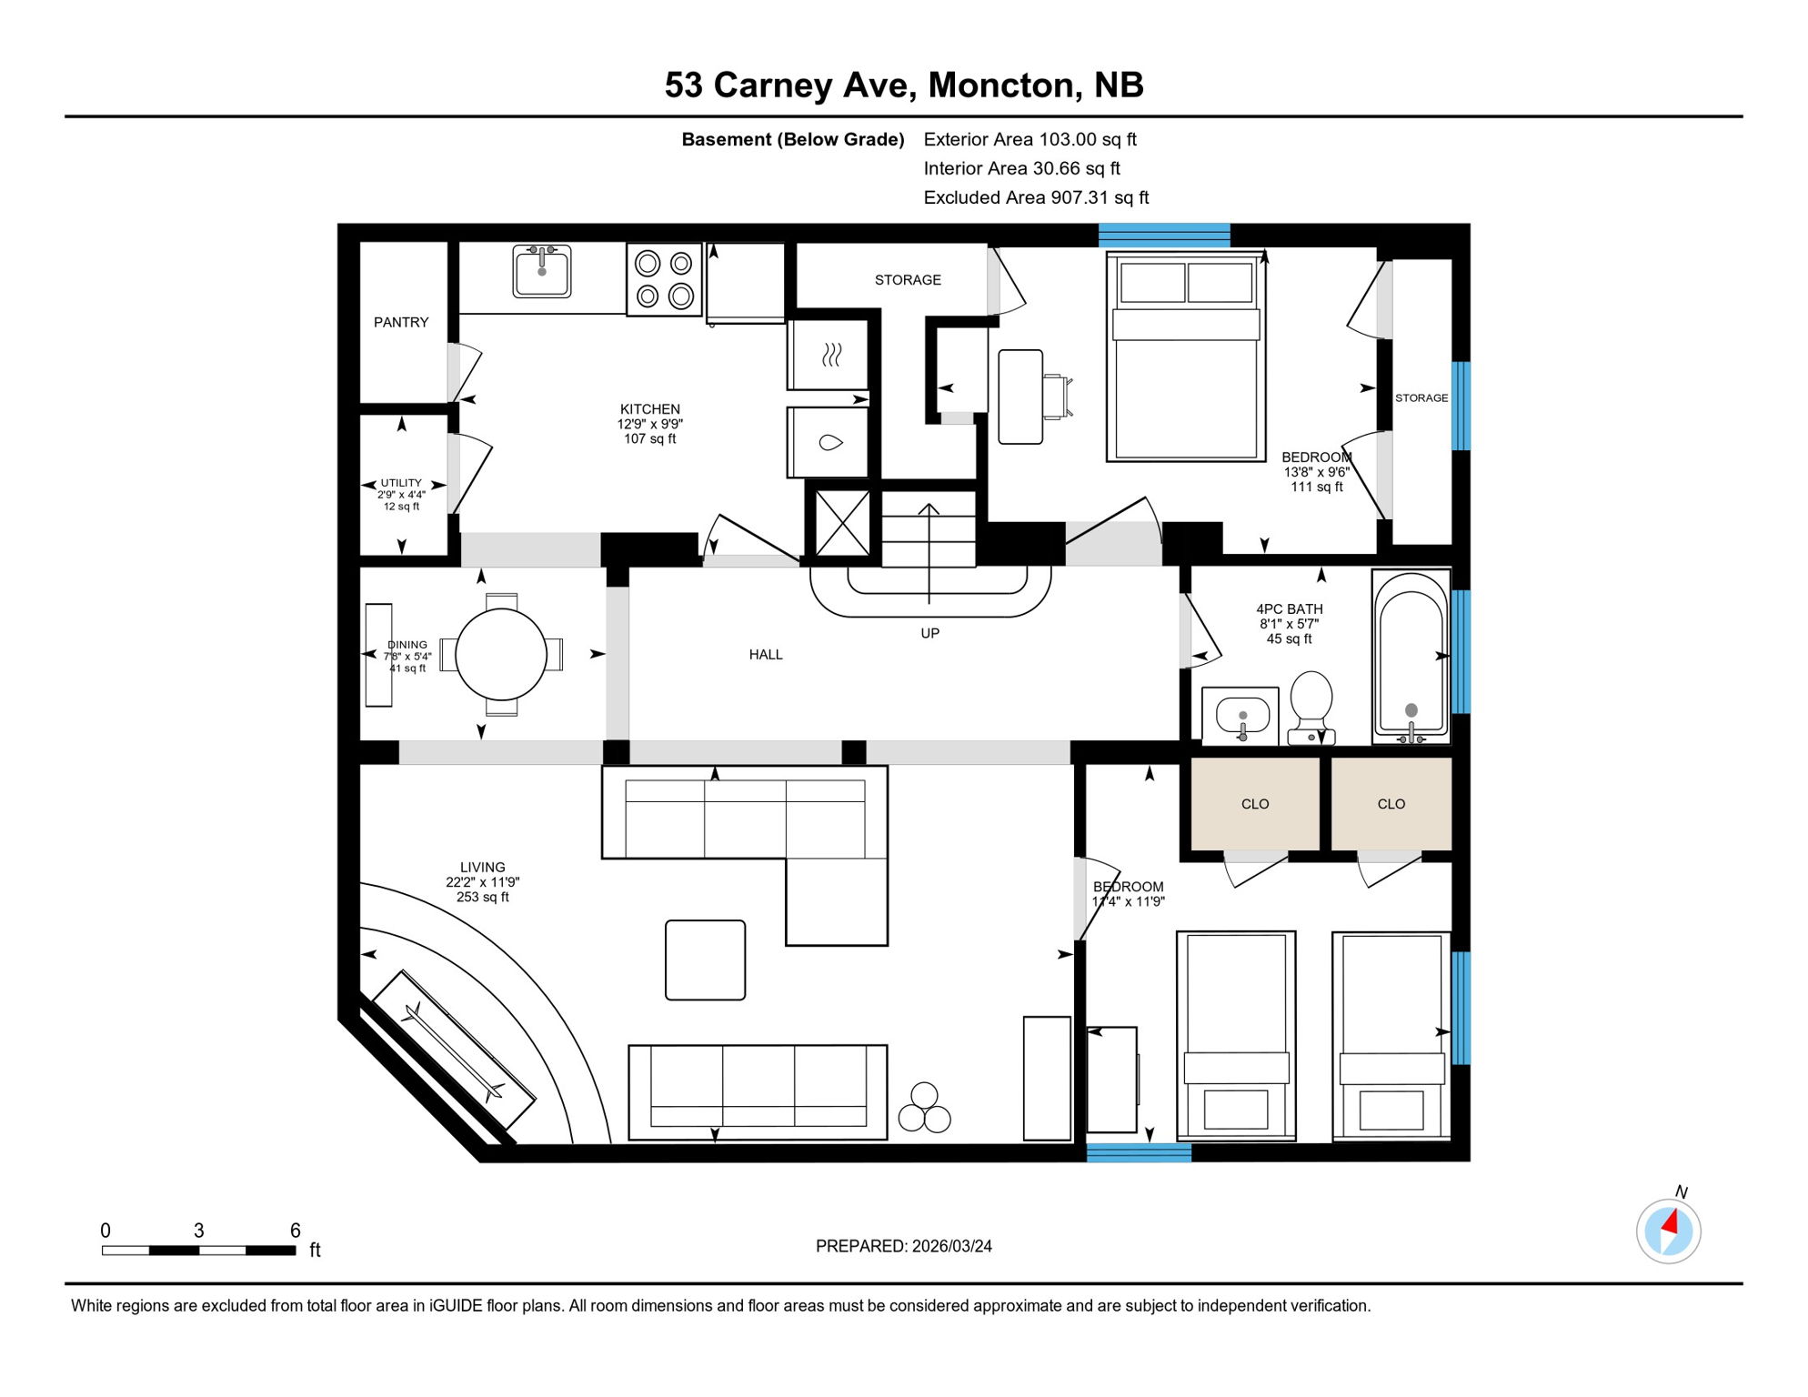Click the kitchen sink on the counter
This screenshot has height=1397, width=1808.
point(542,271)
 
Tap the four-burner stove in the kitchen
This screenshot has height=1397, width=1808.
point(664,279)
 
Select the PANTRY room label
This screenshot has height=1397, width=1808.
point(401,322)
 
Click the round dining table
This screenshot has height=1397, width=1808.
point(501,654)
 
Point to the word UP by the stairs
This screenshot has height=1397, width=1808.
point(929,633)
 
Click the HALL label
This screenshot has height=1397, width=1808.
point(766,654)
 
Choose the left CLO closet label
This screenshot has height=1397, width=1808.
point(1255,804)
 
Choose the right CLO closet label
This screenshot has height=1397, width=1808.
point(1391,804)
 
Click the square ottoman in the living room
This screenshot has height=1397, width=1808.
point(705,960)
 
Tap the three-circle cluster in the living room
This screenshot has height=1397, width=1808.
point(924,1109)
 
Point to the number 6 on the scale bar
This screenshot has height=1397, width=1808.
point(295,1231)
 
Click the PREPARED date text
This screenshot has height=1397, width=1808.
point(903,1246)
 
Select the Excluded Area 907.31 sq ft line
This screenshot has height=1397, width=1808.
point(1036,197)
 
